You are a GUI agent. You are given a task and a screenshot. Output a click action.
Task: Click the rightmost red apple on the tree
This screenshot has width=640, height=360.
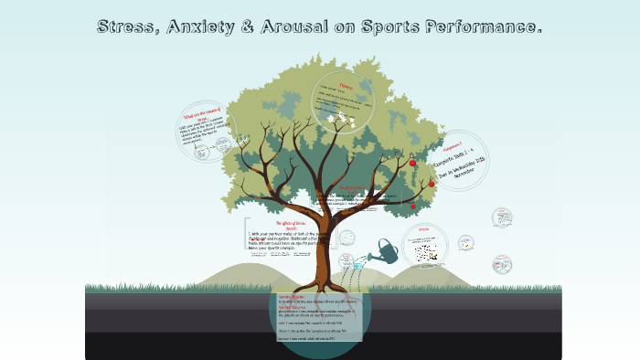click(432, 183)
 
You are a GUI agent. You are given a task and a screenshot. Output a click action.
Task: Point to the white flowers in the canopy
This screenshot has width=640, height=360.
click(344, 117)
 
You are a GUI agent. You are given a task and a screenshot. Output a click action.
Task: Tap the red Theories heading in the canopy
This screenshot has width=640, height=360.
click(347, 88)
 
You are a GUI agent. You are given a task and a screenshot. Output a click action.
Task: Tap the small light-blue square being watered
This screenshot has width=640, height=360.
click(370, 266)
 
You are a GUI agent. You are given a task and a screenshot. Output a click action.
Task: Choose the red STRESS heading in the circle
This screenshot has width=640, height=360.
click(423, 229)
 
